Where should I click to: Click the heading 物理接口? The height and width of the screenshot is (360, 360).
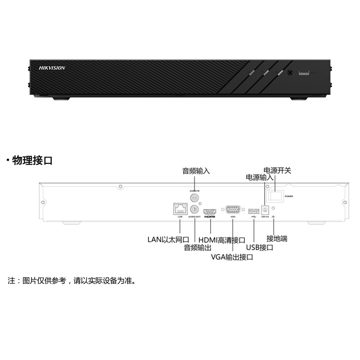pos(32,160)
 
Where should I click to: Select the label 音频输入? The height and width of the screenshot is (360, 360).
pos(196,171)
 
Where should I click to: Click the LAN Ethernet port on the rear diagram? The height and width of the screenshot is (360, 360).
pos(180,208)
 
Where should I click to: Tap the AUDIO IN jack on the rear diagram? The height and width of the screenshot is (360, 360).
pos(194,198)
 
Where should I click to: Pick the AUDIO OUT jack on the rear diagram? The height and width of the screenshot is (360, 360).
pos(194,209)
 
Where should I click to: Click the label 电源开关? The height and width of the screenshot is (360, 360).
pos(277,171)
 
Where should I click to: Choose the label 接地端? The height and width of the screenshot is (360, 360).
pos(277,238)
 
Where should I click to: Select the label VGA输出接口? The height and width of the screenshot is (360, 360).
pos(232,257)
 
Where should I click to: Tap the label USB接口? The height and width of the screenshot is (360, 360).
pos(260,247)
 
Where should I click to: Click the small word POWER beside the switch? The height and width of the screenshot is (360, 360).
pos(289,197)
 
